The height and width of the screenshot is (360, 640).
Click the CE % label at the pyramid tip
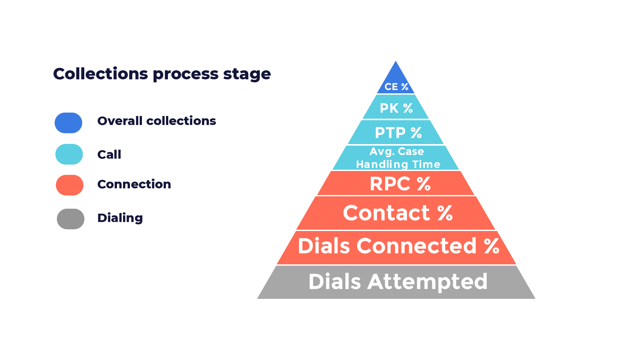click(x=396, y=87)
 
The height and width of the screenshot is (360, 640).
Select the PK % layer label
click(x=396, y=108)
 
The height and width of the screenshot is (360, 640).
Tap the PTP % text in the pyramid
click(x=398, y=133)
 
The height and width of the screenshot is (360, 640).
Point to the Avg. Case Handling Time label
click(x=398, y=158)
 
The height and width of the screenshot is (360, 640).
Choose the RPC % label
click(x=400, y=184)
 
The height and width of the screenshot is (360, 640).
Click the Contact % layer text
click(x=398, y=213)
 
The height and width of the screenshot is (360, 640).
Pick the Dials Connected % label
click(x=398, y=246)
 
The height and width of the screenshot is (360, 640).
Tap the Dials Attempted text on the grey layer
click(x=398, y=282)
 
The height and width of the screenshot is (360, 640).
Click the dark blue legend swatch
click(x=69, y=123)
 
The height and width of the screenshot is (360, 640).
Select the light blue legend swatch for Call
click(x=69, y=154)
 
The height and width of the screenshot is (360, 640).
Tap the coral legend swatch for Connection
click(x=70, y=185)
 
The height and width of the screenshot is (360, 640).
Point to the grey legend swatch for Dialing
click(x=71, y=219)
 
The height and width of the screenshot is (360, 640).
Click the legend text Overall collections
click(x=157, y=121)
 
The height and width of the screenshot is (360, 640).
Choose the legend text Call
click(x=109, y=154)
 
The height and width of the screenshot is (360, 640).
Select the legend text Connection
click(x=134, y=184)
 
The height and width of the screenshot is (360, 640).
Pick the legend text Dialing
click(x=120, y=218)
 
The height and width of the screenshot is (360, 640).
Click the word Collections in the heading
click(x=101, y=74)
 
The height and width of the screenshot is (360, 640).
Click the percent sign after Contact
click(x=445, y=213)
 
